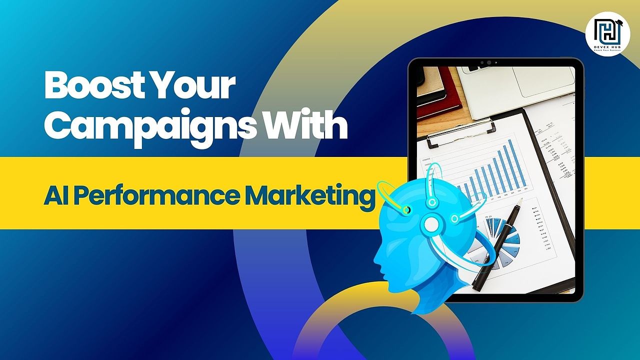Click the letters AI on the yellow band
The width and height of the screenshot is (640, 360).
click(x=51, y=196)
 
